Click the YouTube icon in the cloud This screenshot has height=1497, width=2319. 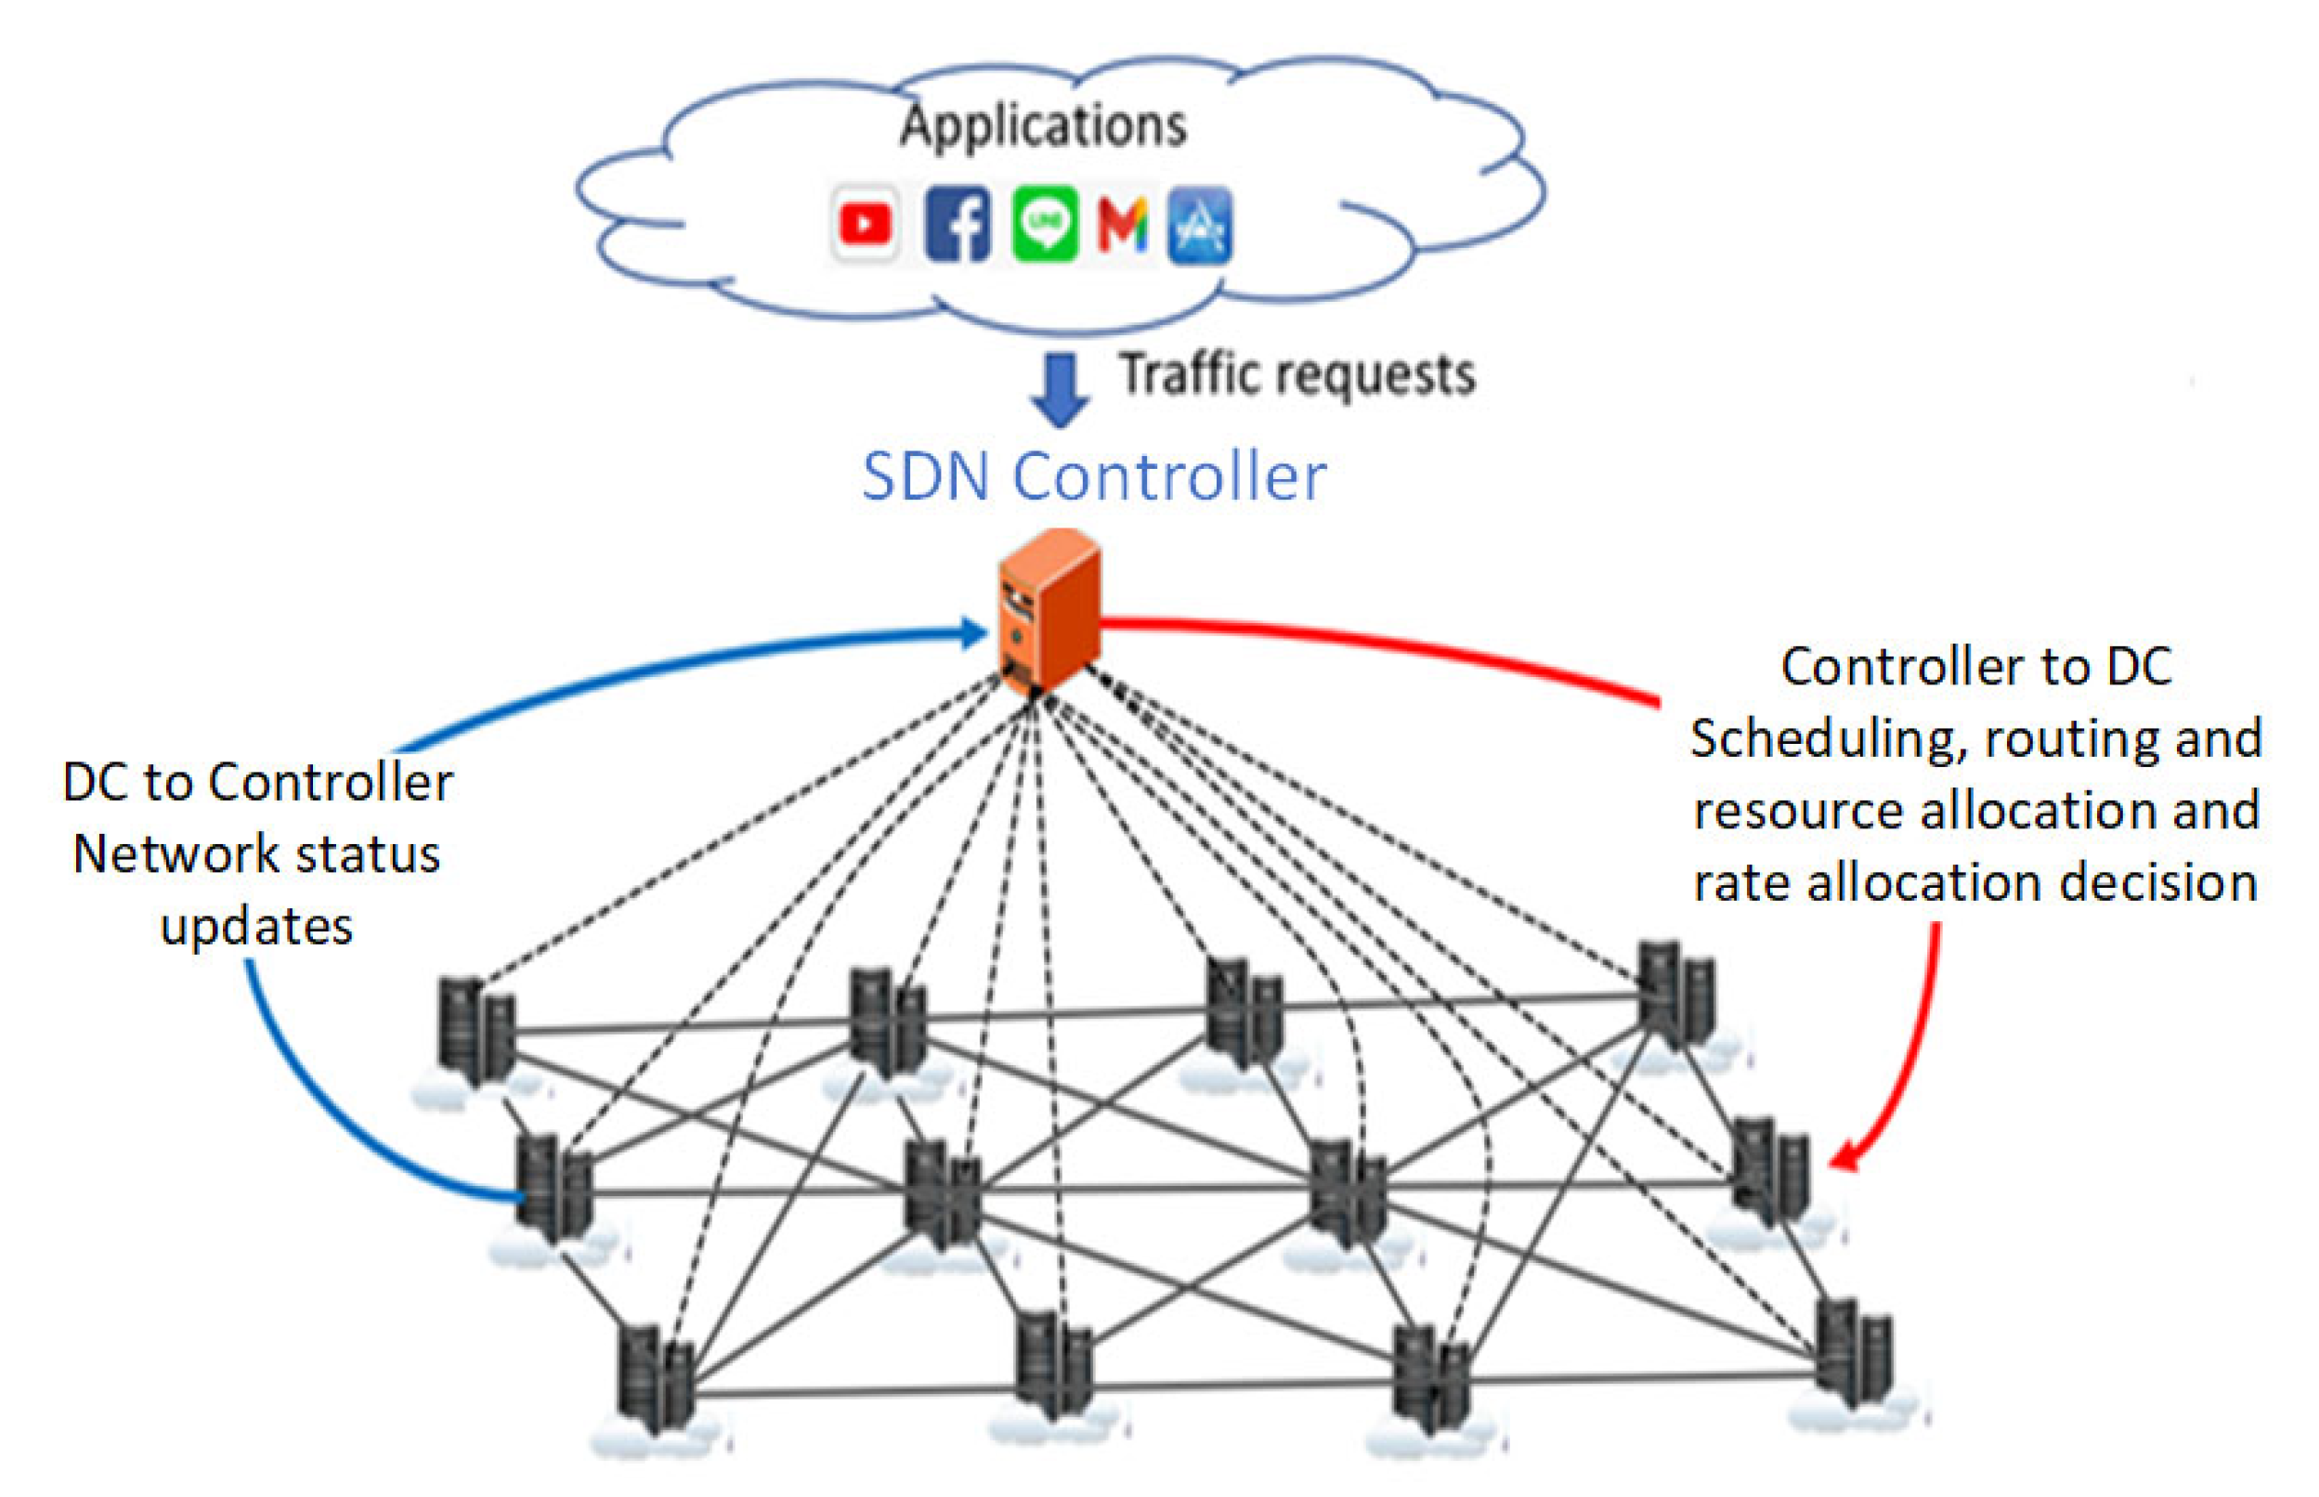pyautogui.click(x=864, y=224)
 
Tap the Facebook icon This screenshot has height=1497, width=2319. pyautogui.click(x=957, y=225)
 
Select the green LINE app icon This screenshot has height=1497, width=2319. pyautogui.click(x=1044, y=225)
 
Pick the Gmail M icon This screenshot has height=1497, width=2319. pyautogui.click(x=1122, y=225)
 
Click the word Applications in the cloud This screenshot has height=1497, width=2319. pyautogui.click(x=1043, y=126)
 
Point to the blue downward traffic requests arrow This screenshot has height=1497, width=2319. pyautogui.click(x=1059, y=389)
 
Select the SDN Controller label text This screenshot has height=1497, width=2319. pyautogui.click(x=1093, y=476)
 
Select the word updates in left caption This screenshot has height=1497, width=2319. pyautogui.click(x=255, y=927)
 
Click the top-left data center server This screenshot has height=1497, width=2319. pyautogui.click(x=475, y=1031)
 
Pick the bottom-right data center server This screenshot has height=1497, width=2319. pyautogui.click(x=1853, y=1351)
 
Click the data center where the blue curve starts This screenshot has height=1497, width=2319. pyautogui.click(x=552, y=1191)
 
